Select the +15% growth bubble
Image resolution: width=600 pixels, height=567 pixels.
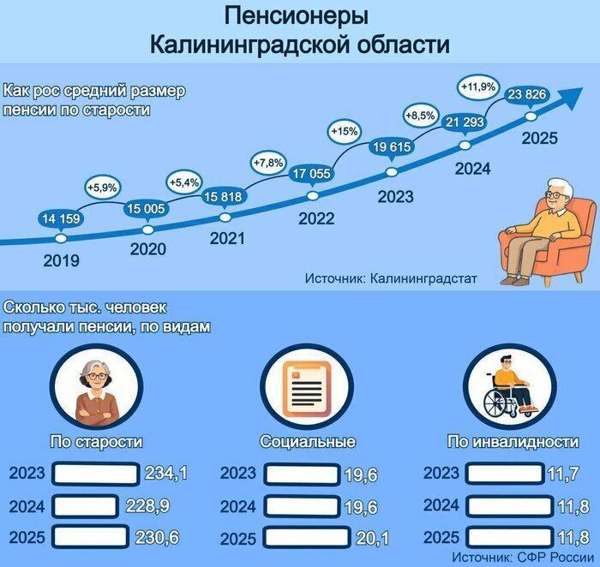point(345,132)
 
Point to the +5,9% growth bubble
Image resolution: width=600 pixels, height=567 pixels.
point(104,186)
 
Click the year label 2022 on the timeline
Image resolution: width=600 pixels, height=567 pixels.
point(315,218)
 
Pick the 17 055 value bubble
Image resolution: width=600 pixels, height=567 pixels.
point(312,175)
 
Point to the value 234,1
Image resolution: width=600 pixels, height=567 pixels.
point(166,473)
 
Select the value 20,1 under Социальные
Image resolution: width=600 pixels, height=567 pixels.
point(371,539)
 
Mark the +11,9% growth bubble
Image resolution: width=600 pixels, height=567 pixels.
point(479,87)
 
